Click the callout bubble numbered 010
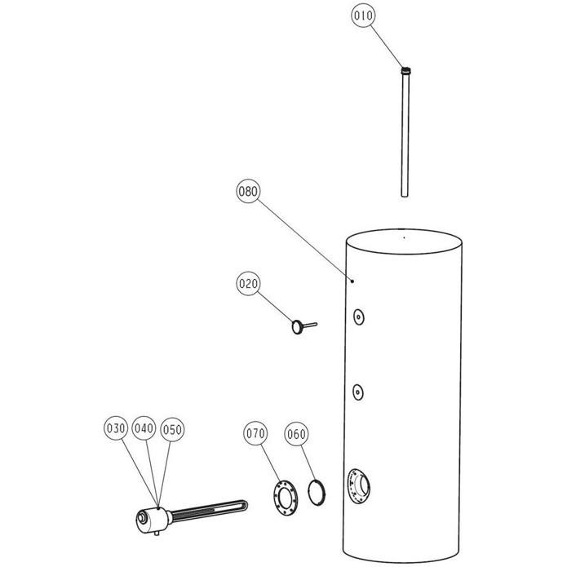[x=363, y=16]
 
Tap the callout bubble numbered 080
[x=249, y=191]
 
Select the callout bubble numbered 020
[x=249, y=284]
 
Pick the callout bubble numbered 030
[x=116, y=428]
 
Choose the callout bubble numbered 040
[x=144, y=428]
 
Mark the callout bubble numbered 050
[x=172, y=430]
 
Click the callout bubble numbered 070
[x=255, y=433]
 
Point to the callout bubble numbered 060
[x=296, y=434]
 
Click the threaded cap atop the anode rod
[x=406, y=70]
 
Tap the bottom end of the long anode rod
[x=405, y=195]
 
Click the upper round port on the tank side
[x=358, y=317]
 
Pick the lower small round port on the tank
[x=358, y=392]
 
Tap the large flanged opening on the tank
[x=359, y=486]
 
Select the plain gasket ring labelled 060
[x=316, y=493]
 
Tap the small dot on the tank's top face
[x=404, y=237]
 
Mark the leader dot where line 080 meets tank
[x=352, y=281]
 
